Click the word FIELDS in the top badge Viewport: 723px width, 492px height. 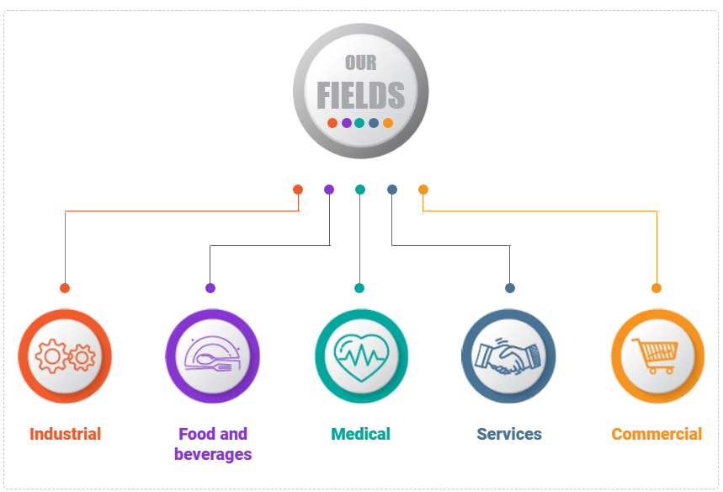(360, 95)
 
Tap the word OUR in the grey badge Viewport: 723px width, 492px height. (360, 63)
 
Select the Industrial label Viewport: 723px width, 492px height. (65, 434)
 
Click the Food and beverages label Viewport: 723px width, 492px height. (213, 444)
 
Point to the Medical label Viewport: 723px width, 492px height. (360, 434)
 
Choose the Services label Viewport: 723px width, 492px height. (509, 434)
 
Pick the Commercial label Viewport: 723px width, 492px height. (657, 434)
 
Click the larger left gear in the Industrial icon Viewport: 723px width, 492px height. (52, 356)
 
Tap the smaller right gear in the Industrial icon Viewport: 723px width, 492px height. (82, 357)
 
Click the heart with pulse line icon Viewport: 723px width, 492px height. (361, 356)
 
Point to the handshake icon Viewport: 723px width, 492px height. (508, 356)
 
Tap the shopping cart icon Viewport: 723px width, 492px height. (656, 356)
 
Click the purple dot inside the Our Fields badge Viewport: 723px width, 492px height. (346, 123)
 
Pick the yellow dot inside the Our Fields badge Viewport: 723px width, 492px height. (388, 123)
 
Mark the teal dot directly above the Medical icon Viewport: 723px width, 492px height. (359, 288)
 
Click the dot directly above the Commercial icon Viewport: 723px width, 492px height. (657, 288)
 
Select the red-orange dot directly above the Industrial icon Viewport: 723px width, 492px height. (65, 288)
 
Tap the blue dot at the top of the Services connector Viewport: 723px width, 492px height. (392, 190)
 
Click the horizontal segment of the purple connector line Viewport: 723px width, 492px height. (269, 245)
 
